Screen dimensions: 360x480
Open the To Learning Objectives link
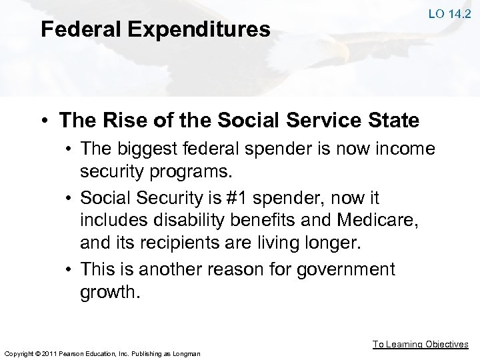coord(420,344)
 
